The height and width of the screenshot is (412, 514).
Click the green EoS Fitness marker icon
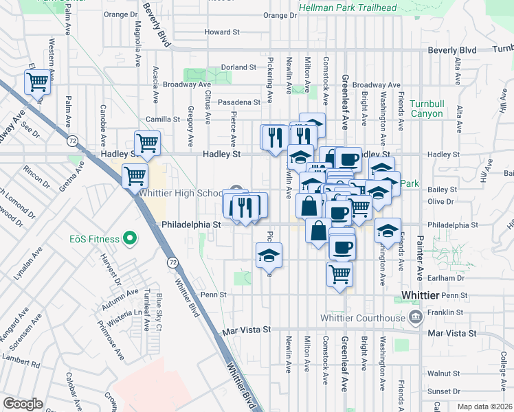(x=128, y=239)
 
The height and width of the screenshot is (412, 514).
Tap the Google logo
(x=23, y=404)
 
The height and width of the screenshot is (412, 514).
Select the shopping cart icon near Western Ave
(x=37, y=82)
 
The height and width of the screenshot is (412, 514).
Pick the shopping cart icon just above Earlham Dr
(x=339, y=274)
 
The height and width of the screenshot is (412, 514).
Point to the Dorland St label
(x=238, y=67)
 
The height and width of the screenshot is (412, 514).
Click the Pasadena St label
(x=239, y=102)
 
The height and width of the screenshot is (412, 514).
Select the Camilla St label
(x=167, y=119)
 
